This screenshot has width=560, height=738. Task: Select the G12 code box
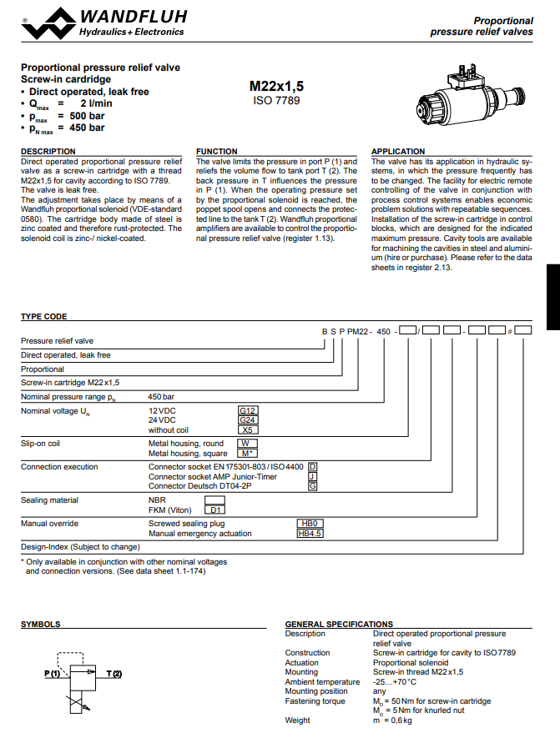[x=249, y=410]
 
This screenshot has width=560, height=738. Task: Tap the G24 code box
[x=249, y=420]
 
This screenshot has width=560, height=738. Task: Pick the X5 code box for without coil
[x=249, y=430]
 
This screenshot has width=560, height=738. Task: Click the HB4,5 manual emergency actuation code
[x=310, y=533]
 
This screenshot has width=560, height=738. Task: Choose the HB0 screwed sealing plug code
[x=310, y=523]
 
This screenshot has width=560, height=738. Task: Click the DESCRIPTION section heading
[x=48, y=151]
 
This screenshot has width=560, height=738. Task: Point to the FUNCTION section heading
[x=216, y=151]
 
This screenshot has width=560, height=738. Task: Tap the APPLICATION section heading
[x=398, y=151]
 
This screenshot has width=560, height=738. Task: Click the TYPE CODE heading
[x=44, y=317]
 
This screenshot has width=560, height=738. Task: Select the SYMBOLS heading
[x=40, y=624]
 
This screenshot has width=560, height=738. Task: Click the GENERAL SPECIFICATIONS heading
[x=339, y=624]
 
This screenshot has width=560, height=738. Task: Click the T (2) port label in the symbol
[x=114, y=673]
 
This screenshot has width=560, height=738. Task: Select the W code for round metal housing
[x=248, y=444]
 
